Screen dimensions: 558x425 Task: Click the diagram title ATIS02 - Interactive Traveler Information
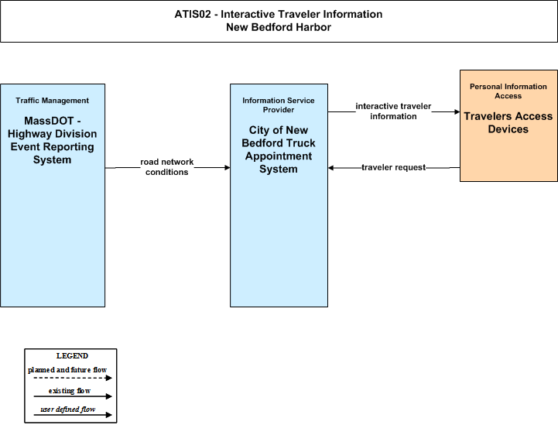[x=279, y=14]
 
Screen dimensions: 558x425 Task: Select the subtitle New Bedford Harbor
[x=279, y=27]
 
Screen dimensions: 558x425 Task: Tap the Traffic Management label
[x=53, y=101]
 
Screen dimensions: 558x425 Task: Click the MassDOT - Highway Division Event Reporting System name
[x=53, y=140]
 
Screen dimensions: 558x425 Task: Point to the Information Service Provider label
[x=279, y=105]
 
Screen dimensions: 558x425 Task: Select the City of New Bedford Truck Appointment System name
[x=279, y=149]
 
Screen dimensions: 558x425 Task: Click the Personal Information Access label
[x=508, y=91]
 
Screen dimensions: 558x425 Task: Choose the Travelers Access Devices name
[x=508, y=122]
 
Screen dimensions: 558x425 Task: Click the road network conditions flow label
[x=167, y=167]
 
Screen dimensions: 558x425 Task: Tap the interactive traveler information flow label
[x=393, y=111]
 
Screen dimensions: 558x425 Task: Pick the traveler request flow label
[x=394, y=167]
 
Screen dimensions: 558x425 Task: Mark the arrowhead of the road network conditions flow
[x=228, y=167]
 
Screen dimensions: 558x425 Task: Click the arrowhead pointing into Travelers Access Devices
[x=457, y=111]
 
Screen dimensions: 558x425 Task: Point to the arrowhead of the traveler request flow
[x=330, y=168]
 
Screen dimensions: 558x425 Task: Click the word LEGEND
[x=72, y=355]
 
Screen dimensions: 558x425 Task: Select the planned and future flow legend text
[x=67, y=370]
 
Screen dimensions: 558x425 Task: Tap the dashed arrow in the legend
[x=73, y=378]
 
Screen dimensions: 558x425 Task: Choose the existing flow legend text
[x=70, y=390]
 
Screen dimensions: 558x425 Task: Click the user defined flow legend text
[x=67, y=410]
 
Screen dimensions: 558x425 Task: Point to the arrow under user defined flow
[x=73, y=415]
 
